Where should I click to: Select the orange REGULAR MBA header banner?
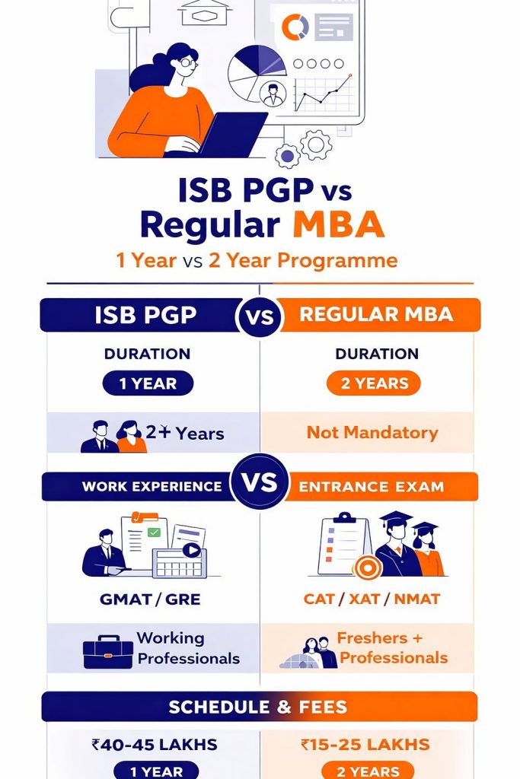point(377,315)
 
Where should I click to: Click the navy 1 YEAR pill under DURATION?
point(148,383)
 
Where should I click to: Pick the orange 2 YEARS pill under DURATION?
point(372,383)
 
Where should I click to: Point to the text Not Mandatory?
point(372,433)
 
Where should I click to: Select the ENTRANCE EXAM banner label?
point(372,487)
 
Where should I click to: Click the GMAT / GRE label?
point(150,599)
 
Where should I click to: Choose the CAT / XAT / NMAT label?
point(372,599)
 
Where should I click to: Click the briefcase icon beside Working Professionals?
point(107,652)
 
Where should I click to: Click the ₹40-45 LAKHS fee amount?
point(154,745)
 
